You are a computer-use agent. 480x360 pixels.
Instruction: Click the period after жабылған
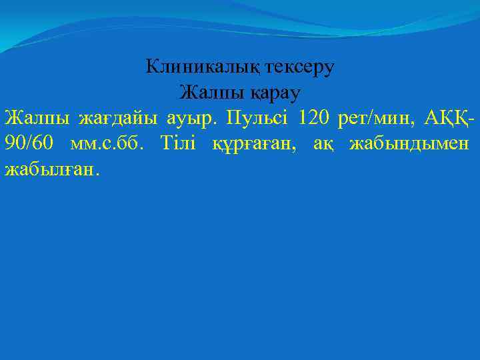tap(97, 173)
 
